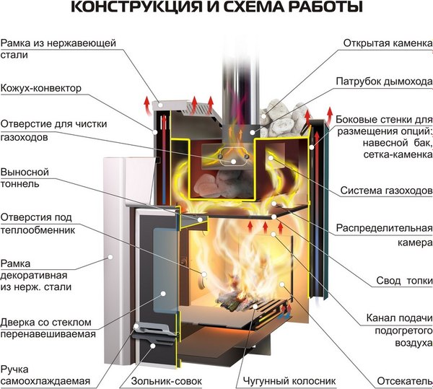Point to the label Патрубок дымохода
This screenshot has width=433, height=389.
click(383, 81)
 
